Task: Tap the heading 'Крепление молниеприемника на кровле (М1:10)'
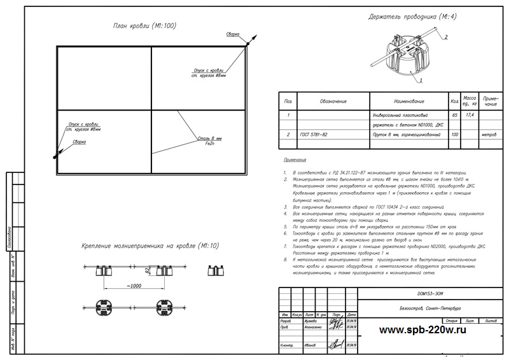(x=151, y=246)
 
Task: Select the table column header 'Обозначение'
(x=333, y=101)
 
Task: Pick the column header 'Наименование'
(x=404, y=101)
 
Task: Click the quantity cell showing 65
(x=454, y=116)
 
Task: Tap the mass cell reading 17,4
(x=470, y=115)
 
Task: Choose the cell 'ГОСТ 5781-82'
(x=315, y=135)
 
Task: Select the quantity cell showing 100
(x=454, y=135)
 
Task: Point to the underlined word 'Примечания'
(x=293, y=161)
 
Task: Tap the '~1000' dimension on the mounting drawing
(x=134, y=286)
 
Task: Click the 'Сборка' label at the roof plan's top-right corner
(x=233, y=33)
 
